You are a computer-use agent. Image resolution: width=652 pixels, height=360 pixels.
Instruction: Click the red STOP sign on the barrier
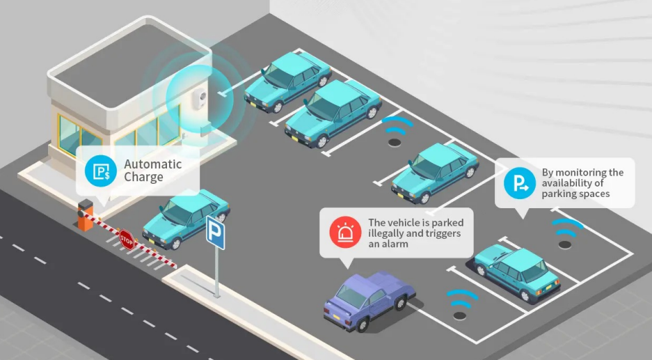(126, 238)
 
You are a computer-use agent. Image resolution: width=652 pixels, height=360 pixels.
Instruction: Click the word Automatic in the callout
(152, 164)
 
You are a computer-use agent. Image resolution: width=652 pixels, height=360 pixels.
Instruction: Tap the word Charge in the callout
(143, 177)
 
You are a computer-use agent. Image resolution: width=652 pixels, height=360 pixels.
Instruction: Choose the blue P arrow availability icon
(519, 182)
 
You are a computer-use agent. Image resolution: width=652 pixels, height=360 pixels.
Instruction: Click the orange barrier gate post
(85, 215)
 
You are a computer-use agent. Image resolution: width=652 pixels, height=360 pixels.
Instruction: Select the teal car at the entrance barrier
(186, 217)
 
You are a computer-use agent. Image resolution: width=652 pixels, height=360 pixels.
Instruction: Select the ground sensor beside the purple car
(459, 315)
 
